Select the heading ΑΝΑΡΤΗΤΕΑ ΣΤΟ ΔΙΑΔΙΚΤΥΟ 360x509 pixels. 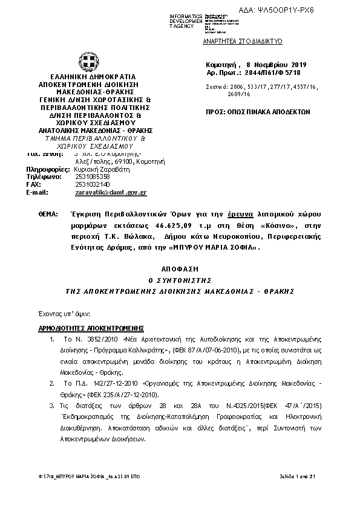click(243, 42)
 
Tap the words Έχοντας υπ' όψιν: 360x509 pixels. click(55, 314)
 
